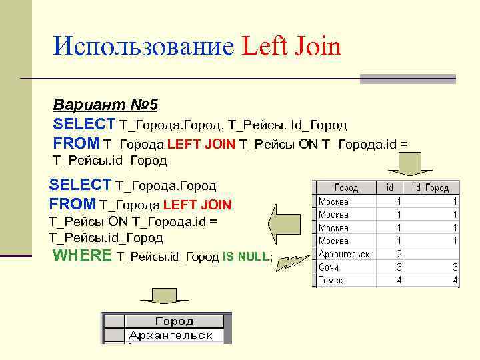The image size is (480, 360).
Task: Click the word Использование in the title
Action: tap(144, 46)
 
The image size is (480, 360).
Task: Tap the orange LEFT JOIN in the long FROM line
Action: tap(201, 143)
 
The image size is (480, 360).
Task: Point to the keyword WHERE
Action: tap(81, 256)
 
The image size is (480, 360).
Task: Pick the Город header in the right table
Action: tap(346, 188)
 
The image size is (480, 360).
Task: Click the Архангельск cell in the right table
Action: tap(344, 254)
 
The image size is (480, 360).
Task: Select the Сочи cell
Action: tap(329, 267)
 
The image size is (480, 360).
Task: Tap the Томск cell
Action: tap(331, 281)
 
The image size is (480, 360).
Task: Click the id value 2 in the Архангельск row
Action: tap(399, 254)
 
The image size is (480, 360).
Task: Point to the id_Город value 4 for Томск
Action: tap(455, 281)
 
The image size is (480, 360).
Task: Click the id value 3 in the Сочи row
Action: tap(399, 267)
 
